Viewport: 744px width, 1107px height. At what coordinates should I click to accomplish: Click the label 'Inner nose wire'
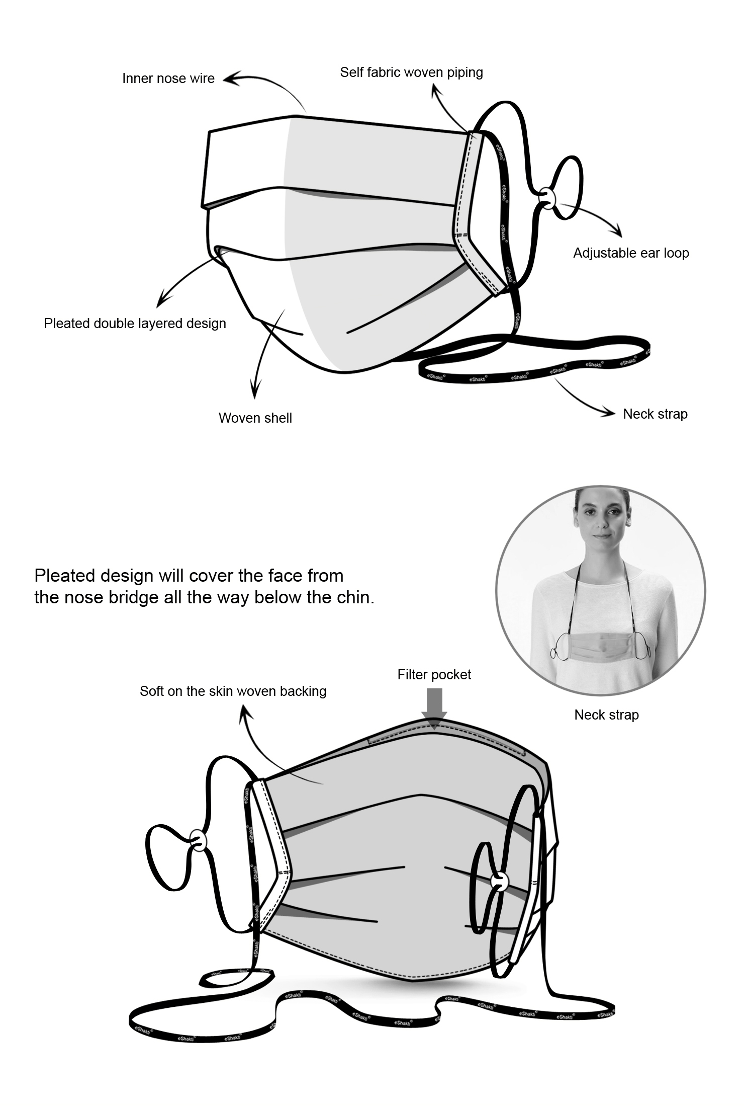coord(168,78)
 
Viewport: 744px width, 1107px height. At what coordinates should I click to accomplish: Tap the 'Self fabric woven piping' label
coord(411,72)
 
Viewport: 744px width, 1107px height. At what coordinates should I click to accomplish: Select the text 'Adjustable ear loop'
coord(631,253)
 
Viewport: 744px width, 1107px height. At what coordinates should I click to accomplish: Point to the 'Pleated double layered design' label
coord(135,324)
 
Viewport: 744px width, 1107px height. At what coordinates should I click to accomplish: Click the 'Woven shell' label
coord(255,418)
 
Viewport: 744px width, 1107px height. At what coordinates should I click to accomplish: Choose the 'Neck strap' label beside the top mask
coord(655,414)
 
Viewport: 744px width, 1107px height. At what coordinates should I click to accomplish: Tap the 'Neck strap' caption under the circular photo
coord(606,715)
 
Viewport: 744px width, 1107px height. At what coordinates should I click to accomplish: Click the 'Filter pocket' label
coord(434,675)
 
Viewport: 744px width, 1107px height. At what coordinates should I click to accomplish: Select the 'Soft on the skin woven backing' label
coord(233,691)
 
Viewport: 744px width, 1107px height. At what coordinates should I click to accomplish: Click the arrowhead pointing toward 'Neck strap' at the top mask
coord(609,413)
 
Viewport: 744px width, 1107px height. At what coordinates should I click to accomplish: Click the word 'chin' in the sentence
coord(354,598)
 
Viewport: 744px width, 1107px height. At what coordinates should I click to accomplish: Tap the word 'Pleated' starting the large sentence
coord(65,576)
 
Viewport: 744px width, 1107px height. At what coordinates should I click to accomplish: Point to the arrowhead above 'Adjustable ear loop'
coord(618,233)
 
